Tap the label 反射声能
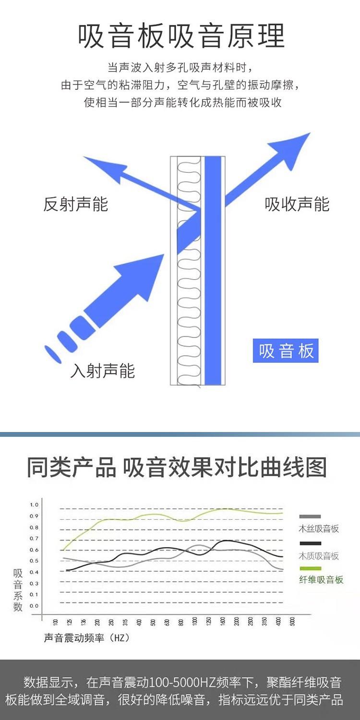(76, 204)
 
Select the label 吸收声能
(297, 204)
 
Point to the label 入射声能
(103, 371)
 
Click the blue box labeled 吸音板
(286, 351)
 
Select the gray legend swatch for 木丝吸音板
(310, 516)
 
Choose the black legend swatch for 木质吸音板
(310, 543)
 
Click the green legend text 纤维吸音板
(321, 580)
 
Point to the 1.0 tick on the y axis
(34, 504)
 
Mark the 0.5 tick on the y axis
(34, 561)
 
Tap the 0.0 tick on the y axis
(34, 606)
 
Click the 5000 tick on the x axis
(292, 623)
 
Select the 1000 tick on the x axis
(194, 623)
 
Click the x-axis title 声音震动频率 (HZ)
(86, 638)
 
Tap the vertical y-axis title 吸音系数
(18, 590)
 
